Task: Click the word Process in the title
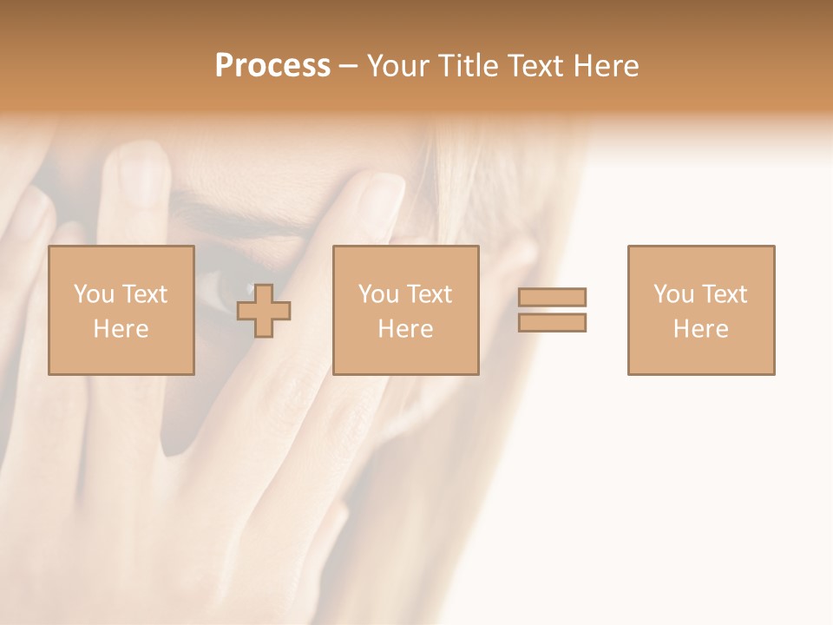click(x=272, y=66)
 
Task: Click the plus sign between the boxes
click(x=264, y=311)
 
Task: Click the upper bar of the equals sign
click(x=552, y=298)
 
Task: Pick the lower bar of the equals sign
click(x=552, y=323)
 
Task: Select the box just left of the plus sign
click(x=121, y=311)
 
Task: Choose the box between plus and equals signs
click(x=406, y=311)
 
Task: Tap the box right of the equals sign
click(x=701, y=311)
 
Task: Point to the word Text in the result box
click(x=724, y=294)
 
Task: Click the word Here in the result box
click(x=701, y=329)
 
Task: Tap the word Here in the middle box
click(x=406, y=329)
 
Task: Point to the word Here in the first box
click(x=121, y=329)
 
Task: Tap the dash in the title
click(x=349, y=66)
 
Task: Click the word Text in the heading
click(x=535, y=66)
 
